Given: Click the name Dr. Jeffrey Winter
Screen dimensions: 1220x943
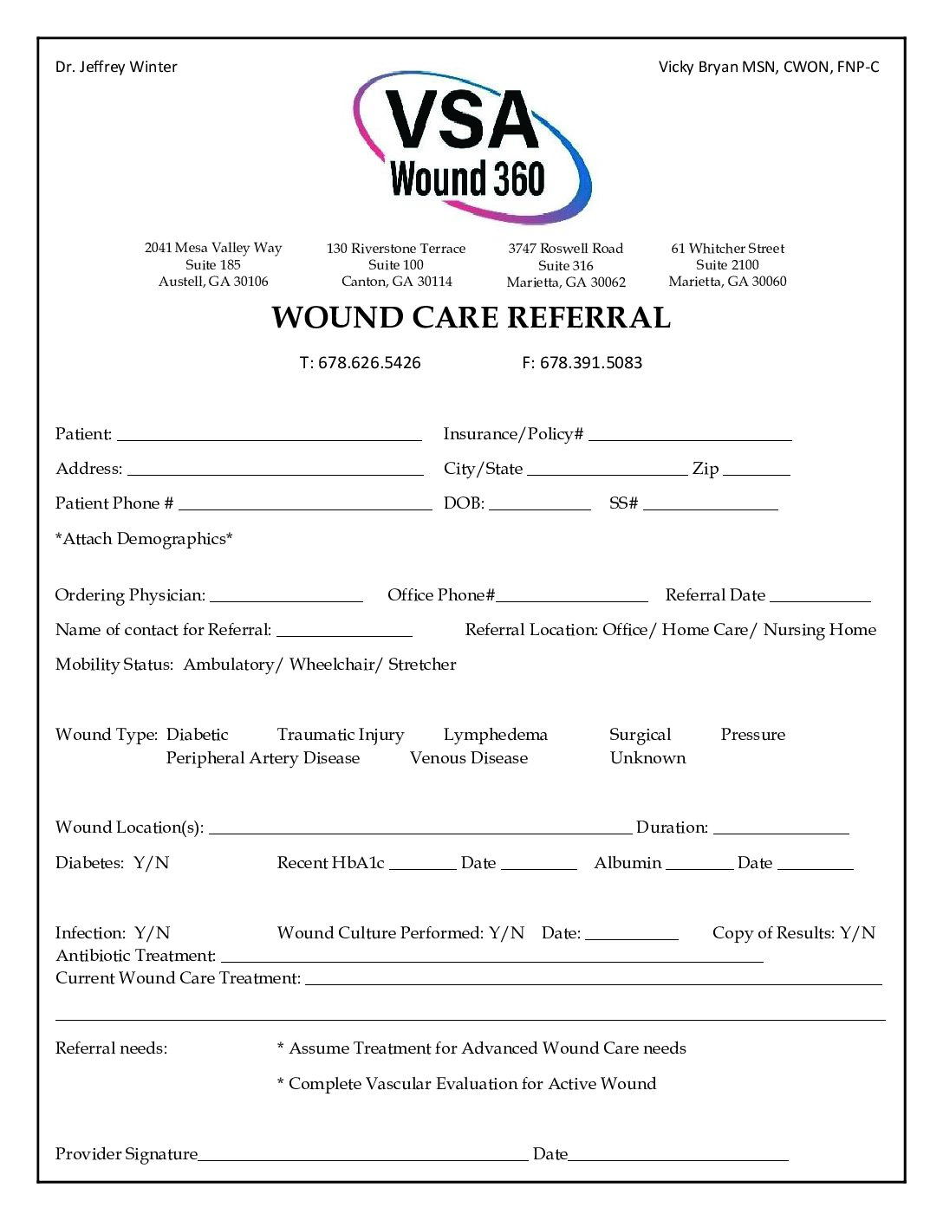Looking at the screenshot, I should point(116,67).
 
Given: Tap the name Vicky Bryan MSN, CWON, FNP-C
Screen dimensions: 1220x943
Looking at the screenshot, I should point(768,67).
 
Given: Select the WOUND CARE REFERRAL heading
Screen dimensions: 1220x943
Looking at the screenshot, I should point(471,318).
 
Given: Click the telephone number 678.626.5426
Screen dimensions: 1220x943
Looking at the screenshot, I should point(368,363).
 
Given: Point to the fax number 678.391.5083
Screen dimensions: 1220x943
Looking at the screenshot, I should point(590,363).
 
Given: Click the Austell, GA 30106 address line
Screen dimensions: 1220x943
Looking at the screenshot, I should point(213,282).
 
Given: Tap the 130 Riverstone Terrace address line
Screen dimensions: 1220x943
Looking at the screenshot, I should point(396,249).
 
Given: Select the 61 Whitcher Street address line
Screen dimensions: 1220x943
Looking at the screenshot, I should point(727,249).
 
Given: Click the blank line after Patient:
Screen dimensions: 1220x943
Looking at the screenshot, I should point(269,434).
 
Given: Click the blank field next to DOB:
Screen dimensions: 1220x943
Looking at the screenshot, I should point(539,503).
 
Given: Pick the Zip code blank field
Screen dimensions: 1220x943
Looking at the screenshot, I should point(756,469).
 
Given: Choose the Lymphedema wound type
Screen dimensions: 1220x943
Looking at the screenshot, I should point(495,735).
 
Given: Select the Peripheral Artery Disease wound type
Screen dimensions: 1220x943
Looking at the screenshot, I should point(263,758).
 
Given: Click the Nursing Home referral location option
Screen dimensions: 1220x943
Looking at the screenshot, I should point(819,630).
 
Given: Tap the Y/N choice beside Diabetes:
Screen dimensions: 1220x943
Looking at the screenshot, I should point(152,863).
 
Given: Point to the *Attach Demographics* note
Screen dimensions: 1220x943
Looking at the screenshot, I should point(144,539).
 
